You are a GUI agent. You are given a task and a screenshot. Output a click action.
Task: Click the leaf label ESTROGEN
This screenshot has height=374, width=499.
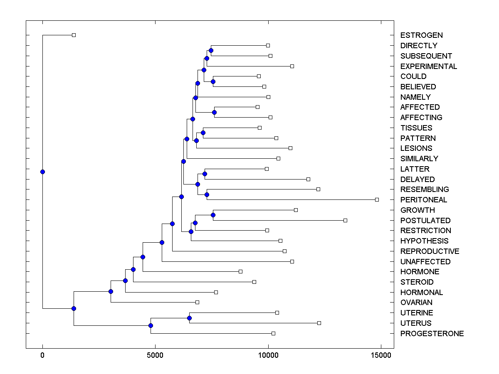pos(421,35)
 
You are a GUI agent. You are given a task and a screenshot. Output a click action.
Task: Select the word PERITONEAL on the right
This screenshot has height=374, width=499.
pos(423,200)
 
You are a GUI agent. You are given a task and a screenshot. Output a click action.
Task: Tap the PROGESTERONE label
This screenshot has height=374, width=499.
pos(432,334)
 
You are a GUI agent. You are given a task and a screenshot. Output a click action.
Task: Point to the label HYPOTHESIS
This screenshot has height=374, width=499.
pos(424,241)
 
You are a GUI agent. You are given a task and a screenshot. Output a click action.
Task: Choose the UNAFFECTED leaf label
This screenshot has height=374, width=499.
pos(425,262)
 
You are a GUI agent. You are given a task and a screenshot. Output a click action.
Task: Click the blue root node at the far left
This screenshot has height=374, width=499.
pos(42,172)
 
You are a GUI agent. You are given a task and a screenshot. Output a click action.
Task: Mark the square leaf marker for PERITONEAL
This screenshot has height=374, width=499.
pos(377,199)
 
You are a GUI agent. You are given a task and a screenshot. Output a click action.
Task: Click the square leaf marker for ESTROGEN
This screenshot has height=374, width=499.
pos(74,35)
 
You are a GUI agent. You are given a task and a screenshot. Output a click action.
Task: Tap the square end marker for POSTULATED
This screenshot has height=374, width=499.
pos(345,220)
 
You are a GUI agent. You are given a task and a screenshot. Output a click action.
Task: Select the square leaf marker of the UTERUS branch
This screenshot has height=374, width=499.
pos(319,323)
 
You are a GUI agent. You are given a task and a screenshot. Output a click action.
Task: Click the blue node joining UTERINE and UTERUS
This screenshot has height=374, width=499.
pos(189,318)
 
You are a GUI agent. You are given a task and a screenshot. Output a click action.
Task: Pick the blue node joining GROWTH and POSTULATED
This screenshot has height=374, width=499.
pos(213,215)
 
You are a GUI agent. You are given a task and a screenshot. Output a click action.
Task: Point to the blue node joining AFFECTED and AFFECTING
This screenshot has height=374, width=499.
pos(215,112)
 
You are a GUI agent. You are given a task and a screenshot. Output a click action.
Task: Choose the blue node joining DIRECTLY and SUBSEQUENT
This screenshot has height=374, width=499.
pos(211,50)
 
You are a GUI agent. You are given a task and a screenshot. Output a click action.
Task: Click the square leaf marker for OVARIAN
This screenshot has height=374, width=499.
pos(197,302)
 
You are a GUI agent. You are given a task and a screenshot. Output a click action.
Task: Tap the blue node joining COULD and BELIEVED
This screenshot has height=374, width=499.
pos(213,81)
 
